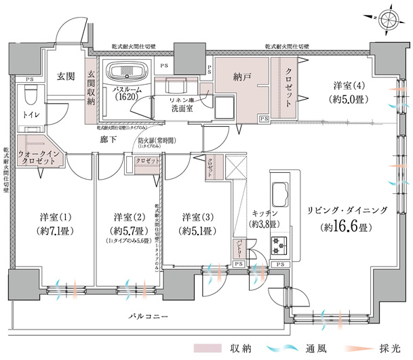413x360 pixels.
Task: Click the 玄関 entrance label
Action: pos(66,75)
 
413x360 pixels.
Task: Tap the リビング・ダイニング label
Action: pos(347,211)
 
